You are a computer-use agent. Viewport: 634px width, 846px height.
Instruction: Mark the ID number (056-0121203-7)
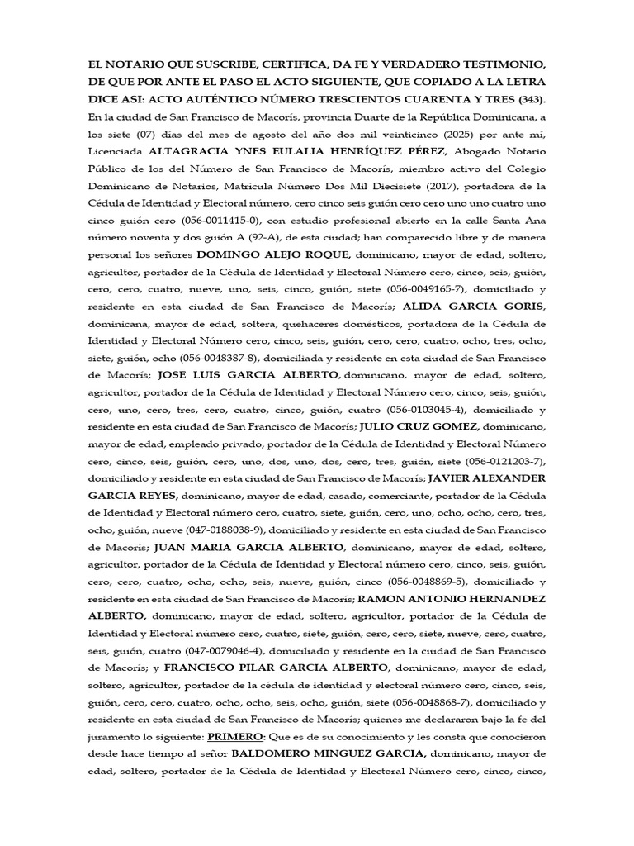505,461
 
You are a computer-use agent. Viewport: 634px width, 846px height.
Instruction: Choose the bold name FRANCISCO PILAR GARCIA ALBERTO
277,667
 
